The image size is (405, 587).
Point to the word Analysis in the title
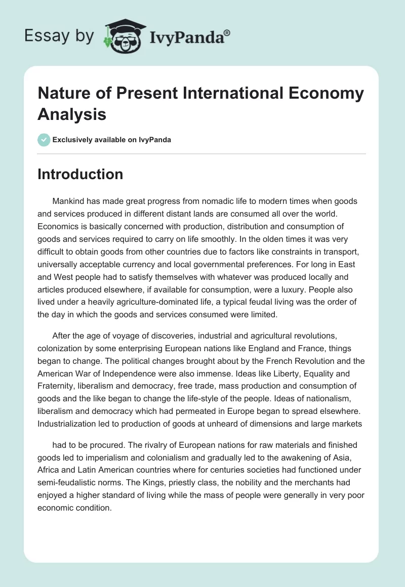click(72, 114)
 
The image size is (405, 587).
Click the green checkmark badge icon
click(45, 140)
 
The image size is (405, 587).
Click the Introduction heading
click(80, 174)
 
